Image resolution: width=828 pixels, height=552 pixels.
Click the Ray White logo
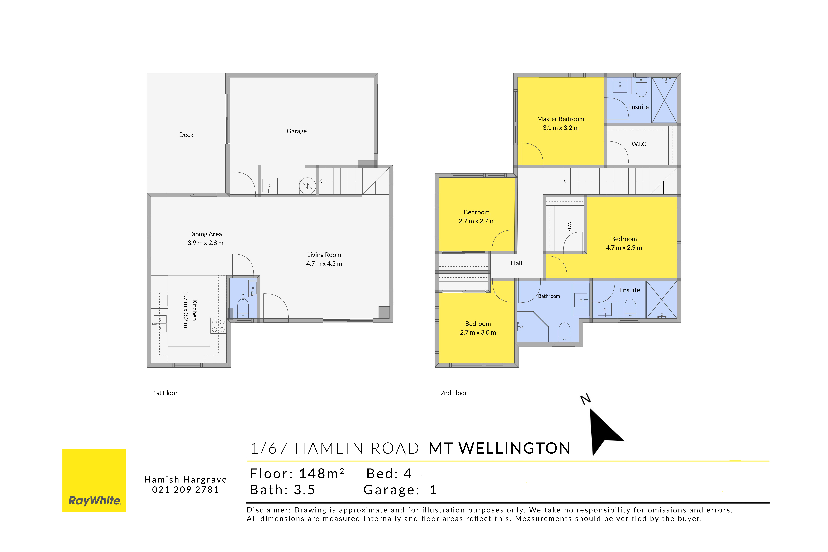[x=94, y=480]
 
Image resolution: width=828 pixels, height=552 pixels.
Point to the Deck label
[x=186, y=135]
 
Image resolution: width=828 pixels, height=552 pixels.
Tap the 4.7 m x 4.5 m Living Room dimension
[x=324, y=264]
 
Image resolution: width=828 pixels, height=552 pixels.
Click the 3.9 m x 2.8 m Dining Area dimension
[x=205, y=243]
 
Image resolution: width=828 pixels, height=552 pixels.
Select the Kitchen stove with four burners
[x=218, y=326]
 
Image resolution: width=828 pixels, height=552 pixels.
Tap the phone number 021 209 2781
[x=186, y=490]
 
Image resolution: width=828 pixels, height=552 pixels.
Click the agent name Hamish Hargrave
[x=186, y=480]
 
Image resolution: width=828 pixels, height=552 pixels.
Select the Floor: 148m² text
[x=297, y=473]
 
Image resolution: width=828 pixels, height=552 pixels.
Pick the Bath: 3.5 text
[x=282, y=490]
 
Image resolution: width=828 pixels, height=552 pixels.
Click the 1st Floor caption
[x=165, y=393]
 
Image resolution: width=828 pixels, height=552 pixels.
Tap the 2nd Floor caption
[x=453, y=393]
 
